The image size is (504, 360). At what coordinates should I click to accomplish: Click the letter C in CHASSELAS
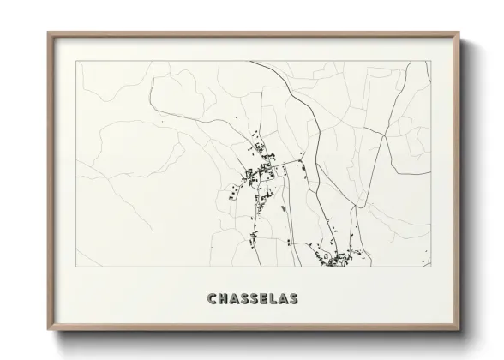coord(212,298)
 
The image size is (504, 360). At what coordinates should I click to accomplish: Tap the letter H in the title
coord(223,298)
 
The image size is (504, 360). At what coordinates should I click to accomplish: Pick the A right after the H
coord(235,298)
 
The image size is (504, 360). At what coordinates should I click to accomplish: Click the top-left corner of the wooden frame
coord(48,33)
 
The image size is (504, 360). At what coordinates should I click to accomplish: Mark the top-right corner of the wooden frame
coord(460,33)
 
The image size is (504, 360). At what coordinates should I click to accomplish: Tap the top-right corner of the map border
coord(431,62)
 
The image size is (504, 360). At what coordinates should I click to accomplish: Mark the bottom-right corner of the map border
coord(431,267)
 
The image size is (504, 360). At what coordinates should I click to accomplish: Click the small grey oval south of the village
coord(282,206)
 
